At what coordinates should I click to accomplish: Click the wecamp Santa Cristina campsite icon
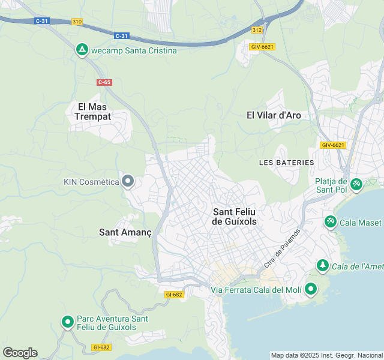(82, 50)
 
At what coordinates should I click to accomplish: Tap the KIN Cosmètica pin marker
(127, 181)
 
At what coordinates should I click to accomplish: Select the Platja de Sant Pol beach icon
(356, 184)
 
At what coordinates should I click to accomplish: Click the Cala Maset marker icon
(330, 222)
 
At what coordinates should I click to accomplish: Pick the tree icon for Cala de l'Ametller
(323, 265)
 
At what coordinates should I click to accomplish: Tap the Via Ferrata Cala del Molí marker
(310, 289)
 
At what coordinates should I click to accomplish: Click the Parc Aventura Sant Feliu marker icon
(68, 323)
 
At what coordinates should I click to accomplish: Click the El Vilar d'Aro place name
(274, 115)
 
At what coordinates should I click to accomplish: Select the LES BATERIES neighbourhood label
(286, 163)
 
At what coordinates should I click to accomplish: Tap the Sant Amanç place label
(125, 232)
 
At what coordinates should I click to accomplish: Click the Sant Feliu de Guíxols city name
(235, 217)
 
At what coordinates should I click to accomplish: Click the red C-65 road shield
(104, 82)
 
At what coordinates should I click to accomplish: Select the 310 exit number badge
(77, 22)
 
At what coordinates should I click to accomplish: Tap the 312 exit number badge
(257, 30)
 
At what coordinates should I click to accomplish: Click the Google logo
(20, 353)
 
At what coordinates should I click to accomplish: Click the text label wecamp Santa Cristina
(134, 50)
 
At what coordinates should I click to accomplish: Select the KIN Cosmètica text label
(91, 181)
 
